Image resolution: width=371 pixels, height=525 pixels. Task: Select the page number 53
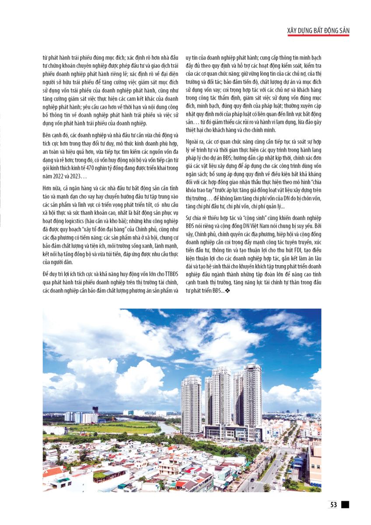[x=334, y=504]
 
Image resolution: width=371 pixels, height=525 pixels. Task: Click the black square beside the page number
[x=345, y=504]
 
